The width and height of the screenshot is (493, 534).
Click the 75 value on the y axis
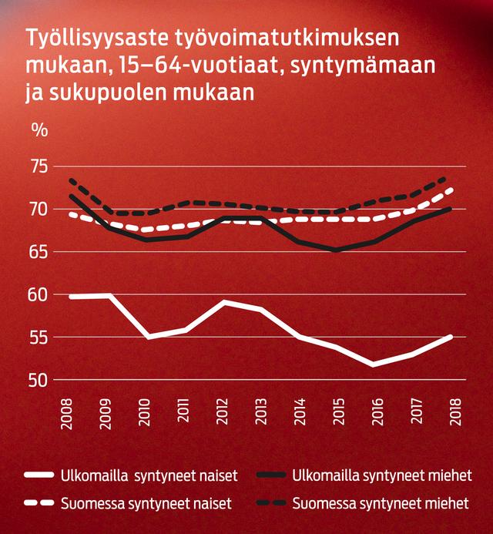[39, 166]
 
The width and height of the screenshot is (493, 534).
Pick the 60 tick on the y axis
[39, 294]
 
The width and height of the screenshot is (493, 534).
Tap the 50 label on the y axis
[39, 380]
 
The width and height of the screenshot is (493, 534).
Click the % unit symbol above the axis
[39, 129]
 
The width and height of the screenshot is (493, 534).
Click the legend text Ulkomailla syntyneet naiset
[149, 475]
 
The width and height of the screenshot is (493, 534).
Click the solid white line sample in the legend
[39, 475]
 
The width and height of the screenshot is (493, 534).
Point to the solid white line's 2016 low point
[375, 364]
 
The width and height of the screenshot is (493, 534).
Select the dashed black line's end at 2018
[451, 177]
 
